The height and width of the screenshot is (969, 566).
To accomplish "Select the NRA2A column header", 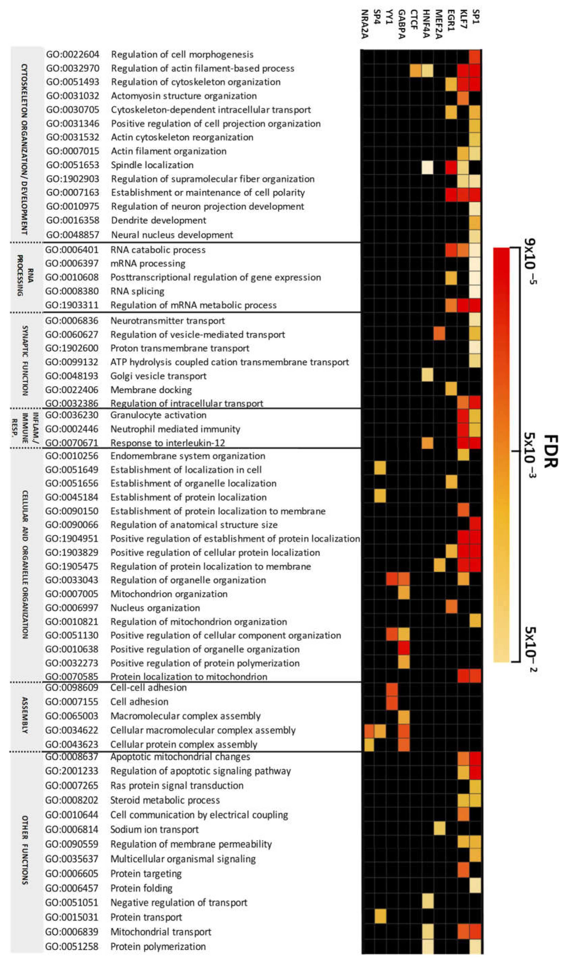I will (x=365, y=24).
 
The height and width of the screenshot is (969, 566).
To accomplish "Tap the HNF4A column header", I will (x=426, y=24).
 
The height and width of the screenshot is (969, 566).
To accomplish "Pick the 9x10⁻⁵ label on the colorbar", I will (x=531, y=261).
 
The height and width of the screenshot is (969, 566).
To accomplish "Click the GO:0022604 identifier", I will (x=72, y=55).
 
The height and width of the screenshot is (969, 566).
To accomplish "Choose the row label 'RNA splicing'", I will (x=137, y=291).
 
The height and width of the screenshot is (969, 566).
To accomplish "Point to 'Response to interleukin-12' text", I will (x=167, y=443).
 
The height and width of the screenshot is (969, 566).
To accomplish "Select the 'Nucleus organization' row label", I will (x=155, y=607).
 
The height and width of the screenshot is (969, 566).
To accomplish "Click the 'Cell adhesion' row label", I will (x=139, y=701).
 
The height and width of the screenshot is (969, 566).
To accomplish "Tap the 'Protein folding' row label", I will (x=141, y=888).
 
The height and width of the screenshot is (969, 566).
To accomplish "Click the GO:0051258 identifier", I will (x=72, y=946).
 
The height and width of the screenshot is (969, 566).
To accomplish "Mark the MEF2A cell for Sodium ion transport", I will (x=439, y=829).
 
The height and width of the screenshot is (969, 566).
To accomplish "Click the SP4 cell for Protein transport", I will (x=380, y=917).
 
